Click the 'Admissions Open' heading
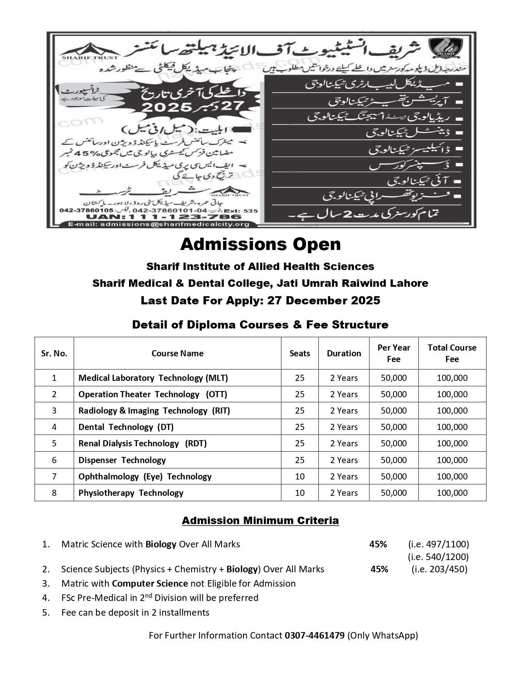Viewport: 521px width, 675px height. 260,245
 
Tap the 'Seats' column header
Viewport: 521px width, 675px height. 300,353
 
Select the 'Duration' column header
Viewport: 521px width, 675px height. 344,353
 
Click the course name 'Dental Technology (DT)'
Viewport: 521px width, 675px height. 126,427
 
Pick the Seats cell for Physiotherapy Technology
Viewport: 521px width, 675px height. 300,493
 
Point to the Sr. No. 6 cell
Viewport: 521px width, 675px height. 54,460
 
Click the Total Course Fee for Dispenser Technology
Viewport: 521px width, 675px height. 452,460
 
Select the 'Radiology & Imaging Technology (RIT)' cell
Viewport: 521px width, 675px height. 154,411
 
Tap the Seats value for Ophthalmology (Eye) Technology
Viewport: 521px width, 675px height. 300,477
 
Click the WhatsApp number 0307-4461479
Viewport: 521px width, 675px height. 315,635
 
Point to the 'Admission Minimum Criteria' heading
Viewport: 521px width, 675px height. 260,521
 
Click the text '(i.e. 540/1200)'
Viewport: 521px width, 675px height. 438,557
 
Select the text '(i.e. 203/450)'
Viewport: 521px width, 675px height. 439,569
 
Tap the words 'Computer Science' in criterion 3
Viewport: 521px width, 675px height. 150,583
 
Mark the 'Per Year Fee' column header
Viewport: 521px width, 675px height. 394,353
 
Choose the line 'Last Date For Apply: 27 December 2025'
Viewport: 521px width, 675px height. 260,301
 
